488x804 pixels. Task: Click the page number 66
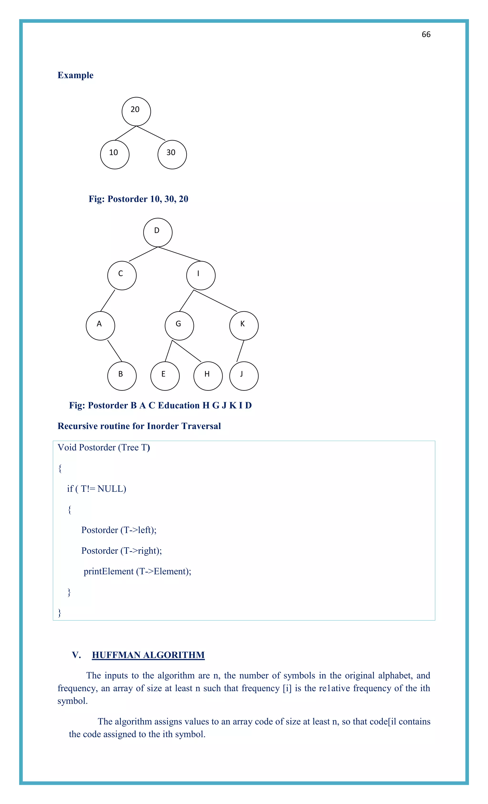426,35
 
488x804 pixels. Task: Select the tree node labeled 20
136,111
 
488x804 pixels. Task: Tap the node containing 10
115,154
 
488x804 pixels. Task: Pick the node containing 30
172,154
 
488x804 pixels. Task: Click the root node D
158,232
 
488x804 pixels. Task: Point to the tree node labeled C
122,275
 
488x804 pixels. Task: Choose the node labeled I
201,275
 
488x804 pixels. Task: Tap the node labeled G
179,326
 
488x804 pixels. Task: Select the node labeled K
244,326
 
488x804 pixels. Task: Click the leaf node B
122,376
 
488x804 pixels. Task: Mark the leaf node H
208,376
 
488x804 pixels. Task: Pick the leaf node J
244,376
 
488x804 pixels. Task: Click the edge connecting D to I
179,254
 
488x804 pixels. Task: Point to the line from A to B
115,351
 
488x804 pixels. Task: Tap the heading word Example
75,75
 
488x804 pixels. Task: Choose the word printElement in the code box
108,571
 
